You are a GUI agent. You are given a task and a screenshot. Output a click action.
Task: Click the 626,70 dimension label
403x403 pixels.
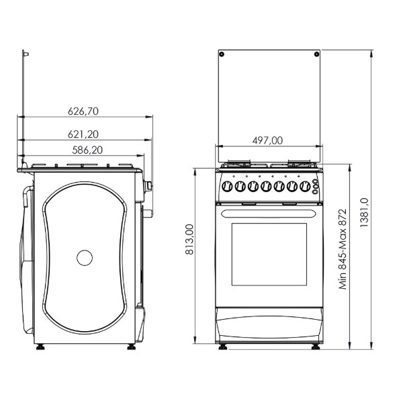point(83,111)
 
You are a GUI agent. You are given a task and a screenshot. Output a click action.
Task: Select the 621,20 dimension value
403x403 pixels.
point(83,134)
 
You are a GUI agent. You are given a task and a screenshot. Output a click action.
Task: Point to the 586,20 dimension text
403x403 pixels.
point(87,150)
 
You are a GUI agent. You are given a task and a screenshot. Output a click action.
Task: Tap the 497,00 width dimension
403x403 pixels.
point(267,140)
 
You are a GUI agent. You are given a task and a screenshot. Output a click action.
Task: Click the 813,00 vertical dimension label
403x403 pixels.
point(189,239)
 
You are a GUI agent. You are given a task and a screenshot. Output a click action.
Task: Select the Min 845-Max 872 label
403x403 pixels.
point(343,249)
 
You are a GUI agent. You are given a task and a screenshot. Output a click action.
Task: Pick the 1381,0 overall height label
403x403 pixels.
point(364,212)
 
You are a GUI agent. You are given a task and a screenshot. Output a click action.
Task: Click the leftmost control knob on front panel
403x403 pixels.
point(227,186)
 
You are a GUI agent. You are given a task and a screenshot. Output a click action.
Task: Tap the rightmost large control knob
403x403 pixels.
point(305,186)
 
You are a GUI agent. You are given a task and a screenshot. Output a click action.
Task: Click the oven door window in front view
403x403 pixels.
point(269,254)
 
